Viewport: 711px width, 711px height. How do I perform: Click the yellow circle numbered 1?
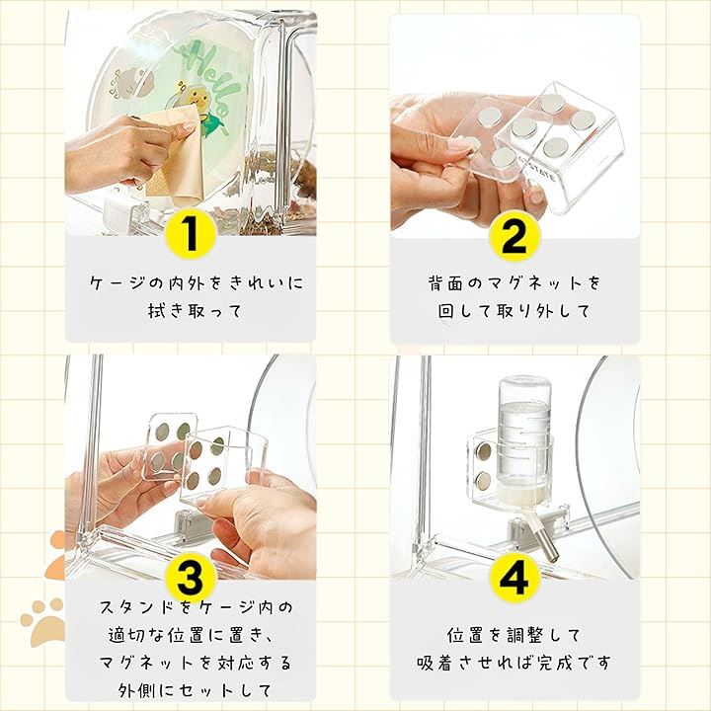[191, 234]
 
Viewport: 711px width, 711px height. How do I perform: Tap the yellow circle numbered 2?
[514, 235]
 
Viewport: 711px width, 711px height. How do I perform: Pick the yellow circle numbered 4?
[514, 578]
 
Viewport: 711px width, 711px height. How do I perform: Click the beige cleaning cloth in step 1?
[177, 154]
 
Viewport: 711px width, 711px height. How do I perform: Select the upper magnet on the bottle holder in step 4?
[484, 450]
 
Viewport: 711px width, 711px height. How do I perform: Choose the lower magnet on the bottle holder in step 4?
[484, 480]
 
